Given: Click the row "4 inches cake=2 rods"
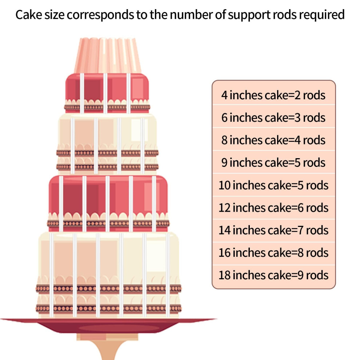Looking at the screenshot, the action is coord(273,95).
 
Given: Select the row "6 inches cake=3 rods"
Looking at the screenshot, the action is coord(273,117).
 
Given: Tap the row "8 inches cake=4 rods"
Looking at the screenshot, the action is coord(273,140).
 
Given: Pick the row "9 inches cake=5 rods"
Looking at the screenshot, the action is coord(273,163).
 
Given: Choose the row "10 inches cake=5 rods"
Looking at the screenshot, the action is coord(273,185).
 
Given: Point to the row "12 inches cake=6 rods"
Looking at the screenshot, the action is coord(273,208).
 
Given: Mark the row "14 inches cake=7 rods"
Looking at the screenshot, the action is coord(273,230).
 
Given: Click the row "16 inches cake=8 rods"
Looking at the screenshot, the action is coord(273,253).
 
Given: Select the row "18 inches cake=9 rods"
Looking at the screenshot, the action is coord(273,275).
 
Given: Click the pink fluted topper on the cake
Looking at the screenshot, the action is coord(107,56).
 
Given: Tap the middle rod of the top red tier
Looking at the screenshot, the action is coord(105,93).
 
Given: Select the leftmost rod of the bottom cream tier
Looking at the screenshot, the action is coord(51,275).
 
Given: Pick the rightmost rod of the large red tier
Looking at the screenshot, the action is coord(154,204).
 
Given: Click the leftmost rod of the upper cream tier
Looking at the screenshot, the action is coord(72,145).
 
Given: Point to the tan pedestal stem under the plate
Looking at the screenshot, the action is coord(108,347).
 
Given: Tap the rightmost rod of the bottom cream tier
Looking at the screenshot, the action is coord(168,275).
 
